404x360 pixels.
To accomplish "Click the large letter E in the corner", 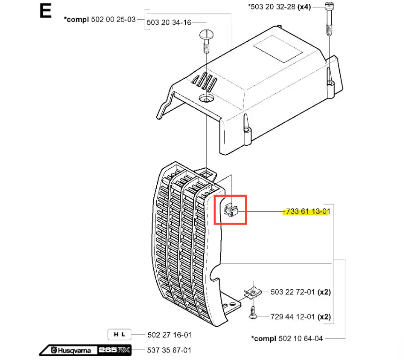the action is [x=46, y=11].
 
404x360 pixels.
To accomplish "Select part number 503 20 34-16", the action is [x=169, y=22].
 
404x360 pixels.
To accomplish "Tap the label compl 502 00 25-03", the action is [x=100, y=20].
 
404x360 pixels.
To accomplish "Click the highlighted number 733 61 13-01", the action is [x=308, y=211].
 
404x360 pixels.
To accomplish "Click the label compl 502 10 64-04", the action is [x=287, y=338].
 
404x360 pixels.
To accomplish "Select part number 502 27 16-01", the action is [x=169, y=335].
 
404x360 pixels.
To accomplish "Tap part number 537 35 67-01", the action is [x=169, y=350].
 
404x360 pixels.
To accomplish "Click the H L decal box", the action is [x=119, y=335].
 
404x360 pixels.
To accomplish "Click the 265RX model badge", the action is [x=114, y=350].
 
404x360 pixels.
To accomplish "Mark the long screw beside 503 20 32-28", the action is [x=329, y=19].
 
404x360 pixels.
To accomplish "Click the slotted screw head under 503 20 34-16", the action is [x=206, y=34].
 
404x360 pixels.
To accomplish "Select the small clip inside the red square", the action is [x=231, y=209].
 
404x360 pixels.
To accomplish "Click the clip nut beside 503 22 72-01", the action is [x=253, y=292].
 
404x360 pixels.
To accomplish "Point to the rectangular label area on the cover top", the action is [x=278, y=49].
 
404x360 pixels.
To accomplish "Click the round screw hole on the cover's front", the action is [x=206, y=98].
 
